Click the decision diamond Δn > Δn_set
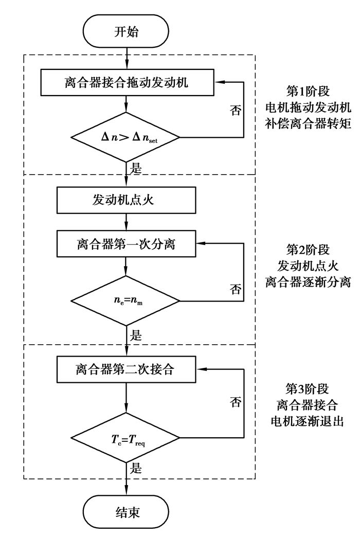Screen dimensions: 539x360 [126, 138]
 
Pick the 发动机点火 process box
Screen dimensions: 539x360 [126, 200]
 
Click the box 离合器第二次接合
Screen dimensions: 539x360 [126, 368]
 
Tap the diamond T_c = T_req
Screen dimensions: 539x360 [126, 438]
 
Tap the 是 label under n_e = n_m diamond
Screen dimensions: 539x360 [137, 337]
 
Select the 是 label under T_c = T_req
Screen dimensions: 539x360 [137, 469]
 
